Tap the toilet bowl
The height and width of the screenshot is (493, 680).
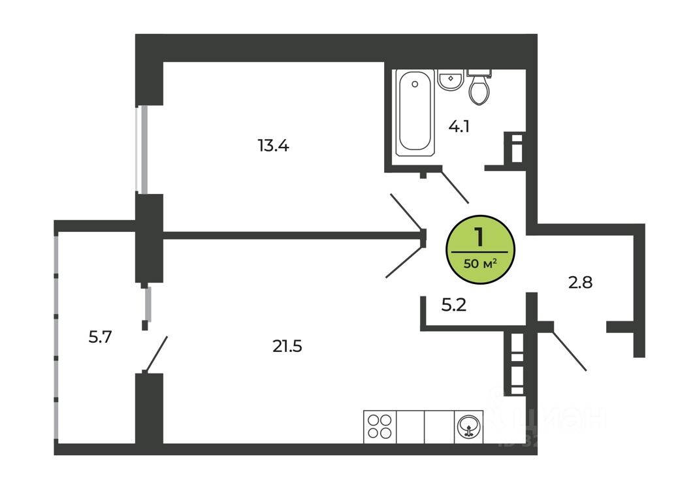479,91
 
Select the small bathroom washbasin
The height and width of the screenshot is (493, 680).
449,81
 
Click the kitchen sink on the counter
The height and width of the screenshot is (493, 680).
468,426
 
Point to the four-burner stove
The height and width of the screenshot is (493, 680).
380,426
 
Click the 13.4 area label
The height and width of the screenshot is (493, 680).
273,146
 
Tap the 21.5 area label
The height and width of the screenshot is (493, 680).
287,346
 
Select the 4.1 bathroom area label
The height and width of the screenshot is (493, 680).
459,126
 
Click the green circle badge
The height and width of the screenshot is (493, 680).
480,251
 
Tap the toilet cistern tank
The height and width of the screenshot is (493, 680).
480,72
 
